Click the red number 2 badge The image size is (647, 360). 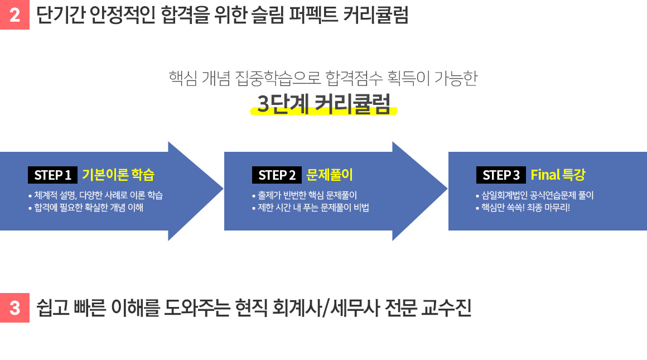[x=15, y=15]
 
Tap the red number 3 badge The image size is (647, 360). [x=15, y=308]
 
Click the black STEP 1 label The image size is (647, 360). [x=52, y=175]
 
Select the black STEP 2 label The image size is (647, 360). [x=277, y=175]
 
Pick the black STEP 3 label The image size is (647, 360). [x=501, y=175]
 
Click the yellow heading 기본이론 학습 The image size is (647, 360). [x=118, y=175]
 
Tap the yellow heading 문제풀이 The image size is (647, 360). [x=330, y=175]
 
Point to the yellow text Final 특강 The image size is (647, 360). [x=558, y=175]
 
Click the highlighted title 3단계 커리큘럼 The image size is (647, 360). [x=324, y=104]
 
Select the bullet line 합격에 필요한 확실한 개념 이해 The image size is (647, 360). [x=86, y=207]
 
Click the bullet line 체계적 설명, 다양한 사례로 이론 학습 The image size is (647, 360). [x=96, y=195]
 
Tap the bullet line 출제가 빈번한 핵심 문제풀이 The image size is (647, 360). [x=305, y=195]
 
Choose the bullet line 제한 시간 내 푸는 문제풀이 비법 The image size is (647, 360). [x=311, y=207]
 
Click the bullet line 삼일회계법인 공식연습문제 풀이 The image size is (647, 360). [x=535, y=195]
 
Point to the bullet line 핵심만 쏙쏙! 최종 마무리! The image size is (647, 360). [x=523, y=207]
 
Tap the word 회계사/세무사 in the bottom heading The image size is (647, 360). [x=325, y=308]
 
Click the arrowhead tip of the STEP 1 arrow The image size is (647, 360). [x=223, y=190]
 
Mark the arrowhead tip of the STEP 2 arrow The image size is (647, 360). [x=447, y=190]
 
